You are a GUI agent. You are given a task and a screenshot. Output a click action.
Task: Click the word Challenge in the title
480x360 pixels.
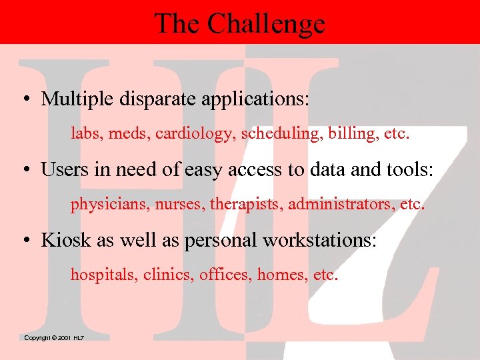(265, 24)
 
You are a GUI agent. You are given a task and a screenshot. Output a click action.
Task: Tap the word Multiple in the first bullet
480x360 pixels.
(78, 99)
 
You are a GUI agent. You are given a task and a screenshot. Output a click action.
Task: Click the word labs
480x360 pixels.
(84, 133)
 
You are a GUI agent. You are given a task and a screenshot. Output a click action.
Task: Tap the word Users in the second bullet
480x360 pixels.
(61, 169)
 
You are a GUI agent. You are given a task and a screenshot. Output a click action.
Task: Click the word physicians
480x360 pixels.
(109, 204)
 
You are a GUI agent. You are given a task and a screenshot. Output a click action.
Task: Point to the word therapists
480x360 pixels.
(246, 204)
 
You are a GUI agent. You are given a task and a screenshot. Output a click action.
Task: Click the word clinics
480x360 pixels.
(169, 274)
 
